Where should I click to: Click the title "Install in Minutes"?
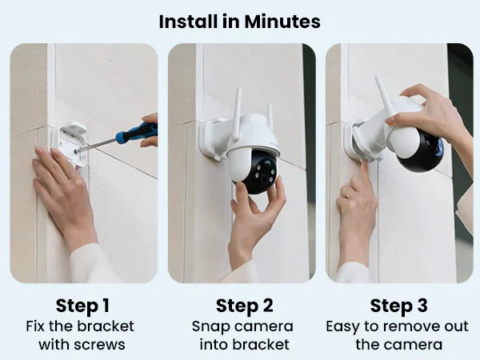pos(239,21)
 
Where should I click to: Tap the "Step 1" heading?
pos(83,306)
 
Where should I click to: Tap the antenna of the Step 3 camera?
pos(384,91)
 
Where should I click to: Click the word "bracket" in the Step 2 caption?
pos(263,345)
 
